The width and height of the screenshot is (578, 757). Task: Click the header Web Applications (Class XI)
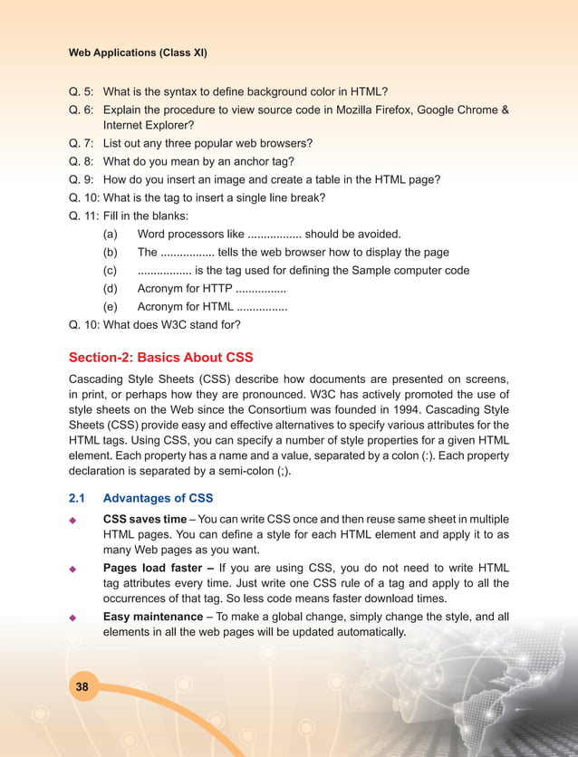(x=138, y=53)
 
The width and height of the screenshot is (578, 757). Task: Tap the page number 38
(x=82, y=687)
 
